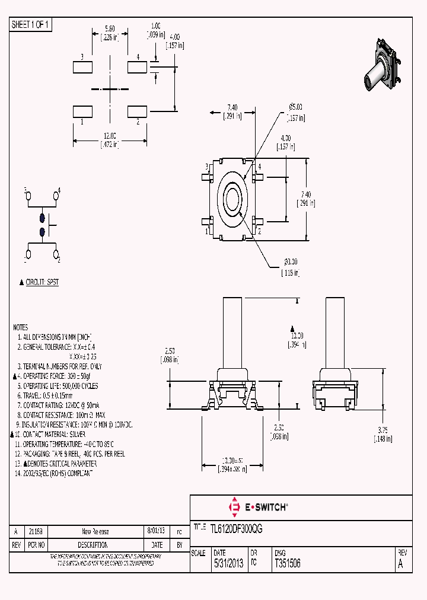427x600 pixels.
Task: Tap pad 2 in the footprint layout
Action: [138, 111]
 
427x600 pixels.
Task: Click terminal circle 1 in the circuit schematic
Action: [27, 256]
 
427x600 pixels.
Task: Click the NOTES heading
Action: [20, 327]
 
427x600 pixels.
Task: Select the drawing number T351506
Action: [287, 564]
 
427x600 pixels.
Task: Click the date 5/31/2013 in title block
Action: [228, 564]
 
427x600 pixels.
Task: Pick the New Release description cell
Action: [95, 532]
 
